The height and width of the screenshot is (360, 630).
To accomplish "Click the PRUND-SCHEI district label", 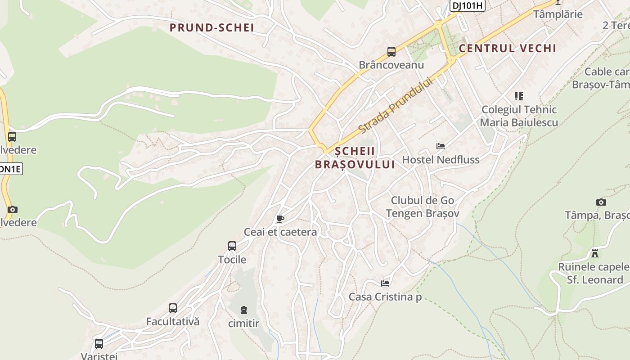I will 212,27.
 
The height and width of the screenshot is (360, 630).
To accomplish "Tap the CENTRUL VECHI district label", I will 508,48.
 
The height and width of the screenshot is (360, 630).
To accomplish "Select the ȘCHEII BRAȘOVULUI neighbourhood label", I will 355,158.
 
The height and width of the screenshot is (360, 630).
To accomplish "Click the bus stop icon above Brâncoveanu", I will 391,52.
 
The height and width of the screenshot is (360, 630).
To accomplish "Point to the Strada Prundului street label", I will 396,106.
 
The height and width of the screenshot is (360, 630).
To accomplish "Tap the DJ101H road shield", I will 467,5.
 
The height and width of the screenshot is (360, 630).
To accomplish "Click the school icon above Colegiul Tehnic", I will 519,96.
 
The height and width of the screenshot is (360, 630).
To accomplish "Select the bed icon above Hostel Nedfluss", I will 441,146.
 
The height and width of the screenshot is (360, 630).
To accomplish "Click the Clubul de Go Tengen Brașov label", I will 423,207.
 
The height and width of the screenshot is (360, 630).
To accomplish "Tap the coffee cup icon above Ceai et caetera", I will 280,219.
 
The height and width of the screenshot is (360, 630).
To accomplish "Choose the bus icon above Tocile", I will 232,246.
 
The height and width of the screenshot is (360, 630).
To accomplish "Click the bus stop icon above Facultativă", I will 173,308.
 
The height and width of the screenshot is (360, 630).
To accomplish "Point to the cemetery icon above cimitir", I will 244,310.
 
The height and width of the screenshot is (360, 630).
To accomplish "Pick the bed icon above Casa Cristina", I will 385,283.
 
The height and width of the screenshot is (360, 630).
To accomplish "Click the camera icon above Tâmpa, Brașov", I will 601,202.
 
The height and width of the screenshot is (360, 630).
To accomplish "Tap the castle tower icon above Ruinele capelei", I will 595,253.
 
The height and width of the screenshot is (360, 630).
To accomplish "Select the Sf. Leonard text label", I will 595,279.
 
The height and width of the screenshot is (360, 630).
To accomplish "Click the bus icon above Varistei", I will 99,344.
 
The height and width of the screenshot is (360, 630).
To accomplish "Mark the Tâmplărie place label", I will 558,14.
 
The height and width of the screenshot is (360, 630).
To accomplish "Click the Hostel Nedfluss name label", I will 441,160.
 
